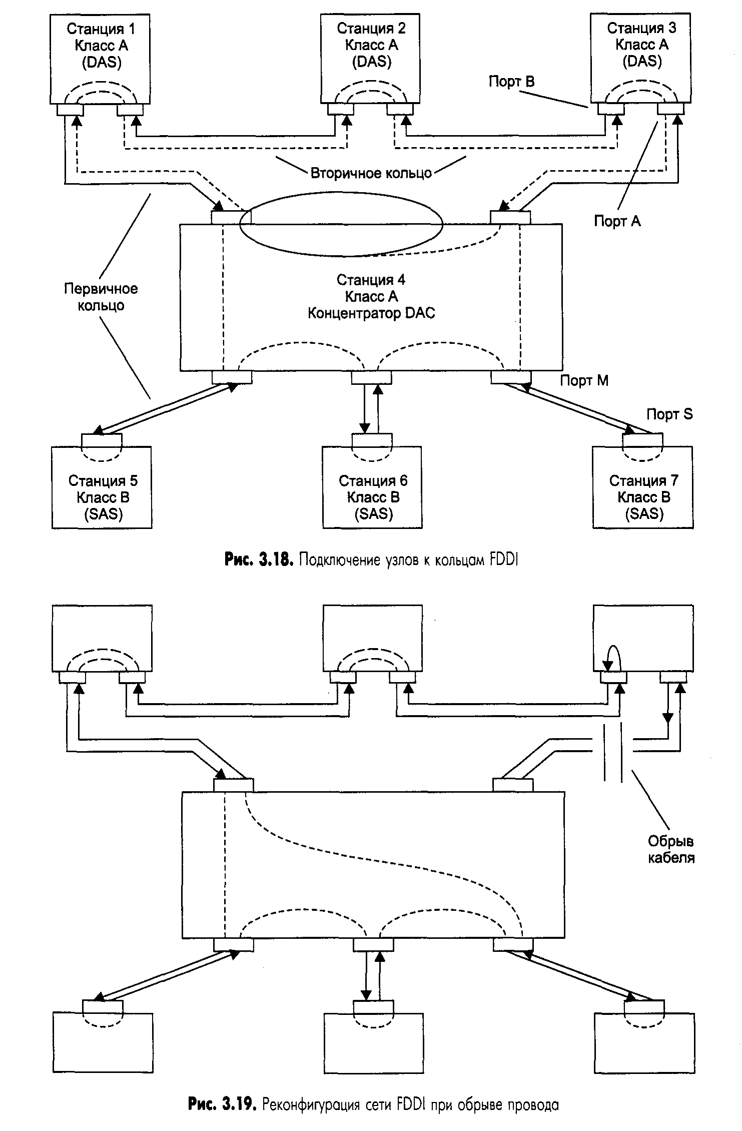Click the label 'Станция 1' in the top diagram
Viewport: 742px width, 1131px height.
click(x=101, y=29)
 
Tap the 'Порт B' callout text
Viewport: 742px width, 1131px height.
click(x=511, y=82)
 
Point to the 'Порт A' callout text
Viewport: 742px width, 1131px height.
click(x=617, y=221)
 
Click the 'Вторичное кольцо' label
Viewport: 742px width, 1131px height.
click(x=371, y=174)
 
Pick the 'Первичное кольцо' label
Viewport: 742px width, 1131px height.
click(x=101, y=297)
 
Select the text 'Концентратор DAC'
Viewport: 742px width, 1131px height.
click(x=371, y=313)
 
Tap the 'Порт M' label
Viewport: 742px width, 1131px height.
click(x=584, y=381)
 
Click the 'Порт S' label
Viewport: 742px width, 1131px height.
click(x=669, y=414)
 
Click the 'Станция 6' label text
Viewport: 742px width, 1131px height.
click(x=373, y=481)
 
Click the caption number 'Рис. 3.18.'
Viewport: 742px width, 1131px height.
click(x=258, y=560)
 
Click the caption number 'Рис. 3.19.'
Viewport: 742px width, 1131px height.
click(x=222, y=1104)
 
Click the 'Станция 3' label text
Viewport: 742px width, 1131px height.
click(x=641, y=29)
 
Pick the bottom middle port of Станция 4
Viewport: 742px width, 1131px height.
click(x=371, y=377)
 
